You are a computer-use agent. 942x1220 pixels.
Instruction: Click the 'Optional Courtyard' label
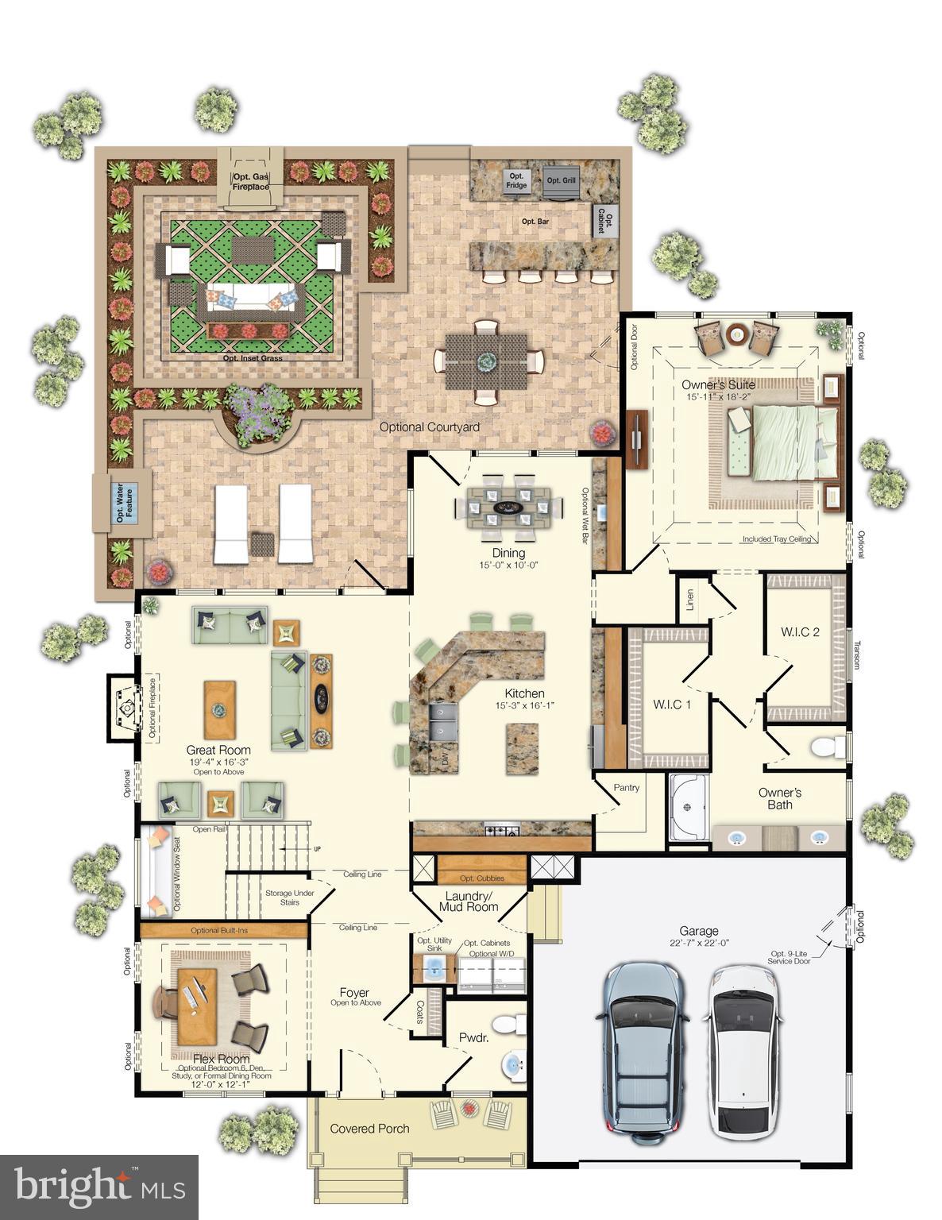(x=429, y=427)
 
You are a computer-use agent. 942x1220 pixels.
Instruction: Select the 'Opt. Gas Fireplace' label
(x=250, y=182)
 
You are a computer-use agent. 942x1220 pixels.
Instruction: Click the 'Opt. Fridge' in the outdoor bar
(x=516, y=180)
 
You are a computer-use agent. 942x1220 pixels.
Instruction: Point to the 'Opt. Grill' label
(x=561, y=180)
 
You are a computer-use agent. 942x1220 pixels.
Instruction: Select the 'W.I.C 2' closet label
(x=800, y=632)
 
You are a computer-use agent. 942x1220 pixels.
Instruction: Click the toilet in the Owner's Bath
(x=828, y=747)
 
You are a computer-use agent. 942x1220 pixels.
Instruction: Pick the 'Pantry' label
(x=627, y=788)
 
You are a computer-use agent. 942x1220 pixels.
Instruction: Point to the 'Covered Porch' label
(x=369, y=1128)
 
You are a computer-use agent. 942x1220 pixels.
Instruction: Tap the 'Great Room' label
(x=218, y=750)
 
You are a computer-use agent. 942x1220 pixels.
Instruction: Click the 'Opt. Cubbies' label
(x=481, y=878)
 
